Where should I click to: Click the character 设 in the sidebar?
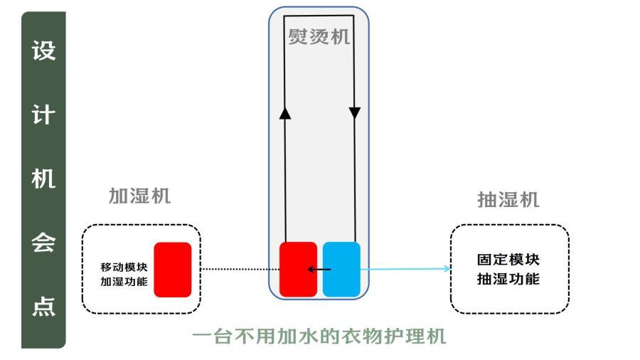coord(43,51)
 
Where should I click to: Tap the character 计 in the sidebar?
coord(43,115)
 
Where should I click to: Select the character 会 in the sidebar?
coord(43,244)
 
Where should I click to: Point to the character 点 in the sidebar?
coord(43,308)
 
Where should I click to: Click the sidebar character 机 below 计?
coord(43,179)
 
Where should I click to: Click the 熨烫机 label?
coord(319,36)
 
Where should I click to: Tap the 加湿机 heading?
coord(139,196)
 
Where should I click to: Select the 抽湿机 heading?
coord(508,200)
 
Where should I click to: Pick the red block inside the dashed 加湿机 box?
coord(173,270)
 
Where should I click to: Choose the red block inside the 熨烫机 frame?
coord(298,269)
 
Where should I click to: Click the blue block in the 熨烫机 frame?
coord(341,269)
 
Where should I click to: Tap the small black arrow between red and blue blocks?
coord(319,270)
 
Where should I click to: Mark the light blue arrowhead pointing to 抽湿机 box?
coord(446,269)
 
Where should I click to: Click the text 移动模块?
coord(124,267)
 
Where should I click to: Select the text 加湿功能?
coord(124,282)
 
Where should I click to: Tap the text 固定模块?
coord(508,260)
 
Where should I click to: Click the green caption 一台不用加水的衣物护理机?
coord(319,336)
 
